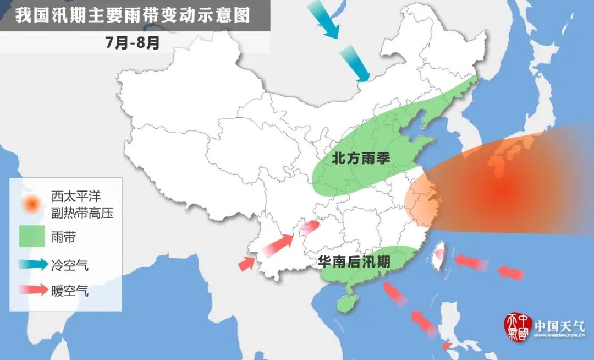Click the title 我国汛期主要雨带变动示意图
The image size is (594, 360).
click(133, 15)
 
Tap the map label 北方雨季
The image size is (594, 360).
click(361, 158)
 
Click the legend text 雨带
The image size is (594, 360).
click(64, 237)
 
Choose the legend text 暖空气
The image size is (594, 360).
click(70, 291)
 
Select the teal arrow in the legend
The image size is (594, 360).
click(32, 265)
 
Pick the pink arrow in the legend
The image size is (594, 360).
click(32, 291)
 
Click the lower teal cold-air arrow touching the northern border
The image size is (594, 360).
click(356, 64)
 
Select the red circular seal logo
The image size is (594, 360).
click(517, 327)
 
